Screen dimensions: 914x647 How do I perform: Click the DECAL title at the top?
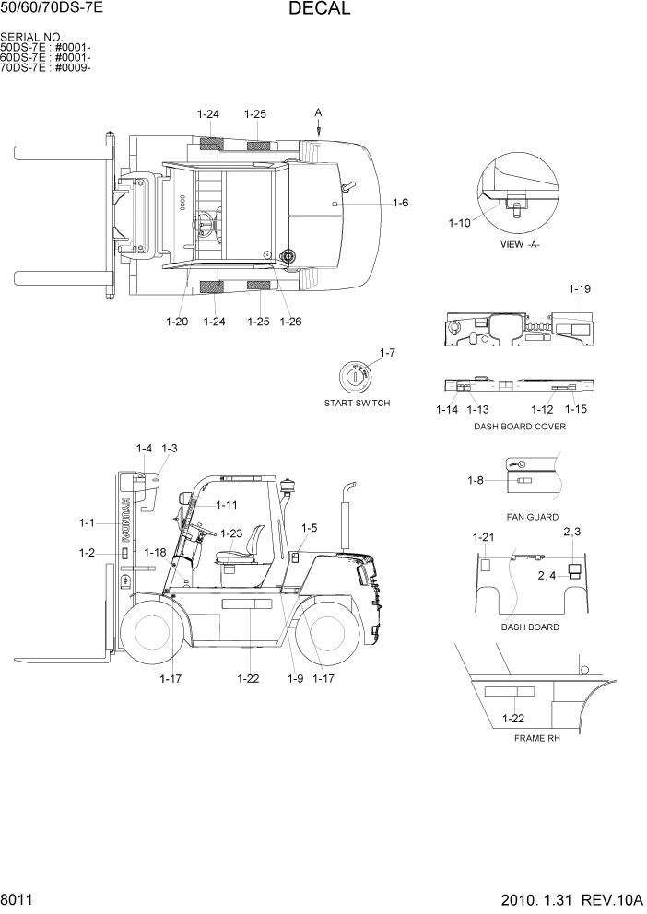pos(319,9)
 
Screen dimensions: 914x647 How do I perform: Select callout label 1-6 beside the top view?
pos(400,203)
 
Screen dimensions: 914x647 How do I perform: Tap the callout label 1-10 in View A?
pos(459,223)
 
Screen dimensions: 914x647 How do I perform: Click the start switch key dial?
pos(356,377)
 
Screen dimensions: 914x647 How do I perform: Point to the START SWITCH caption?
pos(357,404)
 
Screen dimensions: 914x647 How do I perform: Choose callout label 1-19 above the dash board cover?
pos(579,289)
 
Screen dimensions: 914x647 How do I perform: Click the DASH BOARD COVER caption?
pos(519,427)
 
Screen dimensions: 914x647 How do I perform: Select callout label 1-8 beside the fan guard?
pos(476,480)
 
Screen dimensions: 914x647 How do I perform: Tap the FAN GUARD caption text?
pos(532,517)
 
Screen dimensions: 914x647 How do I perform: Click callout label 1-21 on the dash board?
pos(483,537)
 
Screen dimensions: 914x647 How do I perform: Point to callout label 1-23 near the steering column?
pos(230,533)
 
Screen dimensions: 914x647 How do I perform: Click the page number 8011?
pos(18,897)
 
